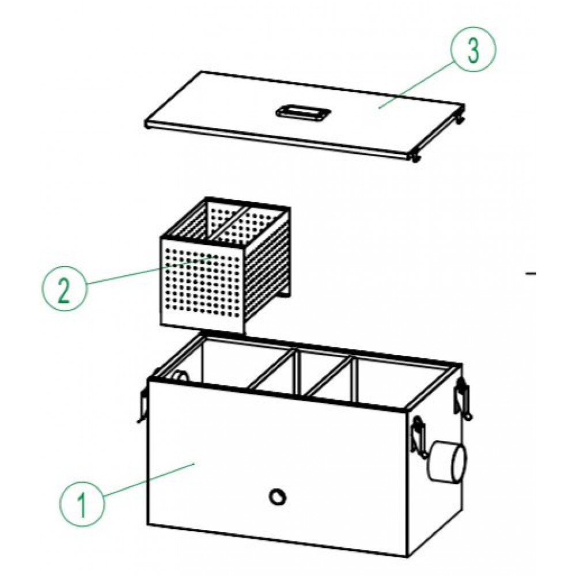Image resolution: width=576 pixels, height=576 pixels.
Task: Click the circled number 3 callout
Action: coord(473,49)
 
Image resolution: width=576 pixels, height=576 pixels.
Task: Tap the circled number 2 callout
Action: coord(65,289)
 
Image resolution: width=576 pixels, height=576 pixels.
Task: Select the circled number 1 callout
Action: coord(82,504)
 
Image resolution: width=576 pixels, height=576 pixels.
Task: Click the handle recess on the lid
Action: coord(303,112)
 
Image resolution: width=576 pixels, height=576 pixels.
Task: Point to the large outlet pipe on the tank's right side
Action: coord(447,461)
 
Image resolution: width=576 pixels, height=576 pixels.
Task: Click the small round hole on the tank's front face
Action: coord(278,497)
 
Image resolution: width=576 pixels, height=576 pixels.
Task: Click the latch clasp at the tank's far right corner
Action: coord(463,399)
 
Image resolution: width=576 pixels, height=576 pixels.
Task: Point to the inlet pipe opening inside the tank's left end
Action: coord(181,376)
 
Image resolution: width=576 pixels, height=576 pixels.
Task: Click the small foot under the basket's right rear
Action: coord(286,294)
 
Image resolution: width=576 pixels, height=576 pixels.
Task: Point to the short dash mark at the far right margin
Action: coord(531,273)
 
